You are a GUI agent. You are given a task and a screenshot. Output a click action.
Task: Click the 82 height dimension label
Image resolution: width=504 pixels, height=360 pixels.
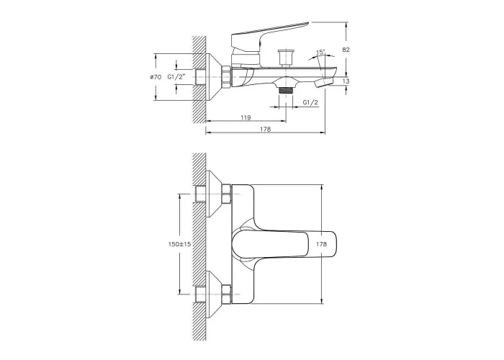pos(346,50)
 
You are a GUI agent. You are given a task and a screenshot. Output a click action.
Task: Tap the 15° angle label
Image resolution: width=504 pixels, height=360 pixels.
pos(320,52)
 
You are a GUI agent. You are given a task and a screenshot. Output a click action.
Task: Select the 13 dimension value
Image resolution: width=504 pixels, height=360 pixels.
pos(346,81)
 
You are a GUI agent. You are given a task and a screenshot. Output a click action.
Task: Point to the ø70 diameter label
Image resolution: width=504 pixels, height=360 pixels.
pos(156,77)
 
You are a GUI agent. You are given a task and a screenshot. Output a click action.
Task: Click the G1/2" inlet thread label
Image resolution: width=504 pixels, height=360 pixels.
pos(177,77)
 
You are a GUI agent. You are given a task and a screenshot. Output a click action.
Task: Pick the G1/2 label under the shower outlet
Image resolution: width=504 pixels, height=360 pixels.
pos(310,102)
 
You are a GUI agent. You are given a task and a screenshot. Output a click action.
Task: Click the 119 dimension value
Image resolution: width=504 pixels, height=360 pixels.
pos(246,117)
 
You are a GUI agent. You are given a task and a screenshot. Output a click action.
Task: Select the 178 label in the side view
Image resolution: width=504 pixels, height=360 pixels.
pos(265,129)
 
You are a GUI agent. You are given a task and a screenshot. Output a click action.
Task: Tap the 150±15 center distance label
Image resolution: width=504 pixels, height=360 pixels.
pos(180,244)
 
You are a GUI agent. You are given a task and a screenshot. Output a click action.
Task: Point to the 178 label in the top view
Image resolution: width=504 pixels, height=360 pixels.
pos(321,244)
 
